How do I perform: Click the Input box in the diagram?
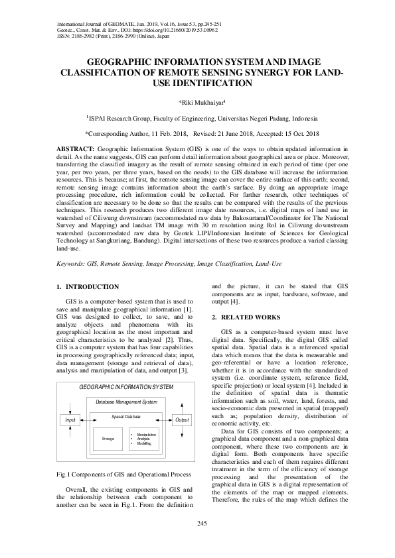(x=69, y=420)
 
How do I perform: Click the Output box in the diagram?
(x=181, y=420)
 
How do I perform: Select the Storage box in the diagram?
(x=108, y=438)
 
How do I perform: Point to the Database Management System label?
(x=126, y=402)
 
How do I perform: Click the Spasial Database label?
(x=126, y=416)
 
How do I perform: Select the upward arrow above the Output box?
(x=181, y=406)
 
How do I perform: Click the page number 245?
(x=197, y=524)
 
